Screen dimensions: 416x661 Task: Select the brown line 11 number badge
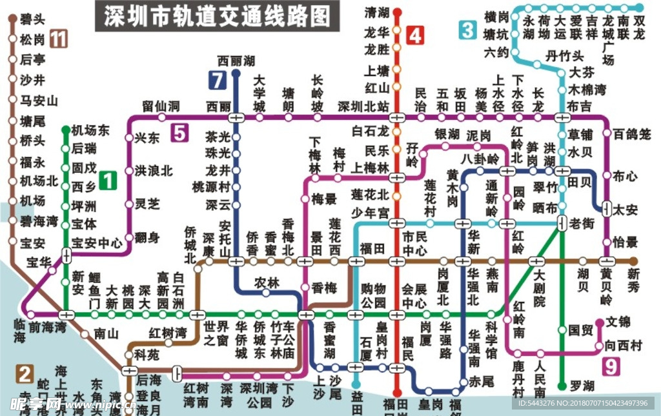59,39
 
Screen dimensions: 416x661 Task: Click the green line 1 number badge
108,181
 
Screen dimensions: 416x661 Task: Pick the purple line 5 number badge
179,134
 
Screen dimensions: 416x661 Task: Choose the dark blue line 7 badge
216,81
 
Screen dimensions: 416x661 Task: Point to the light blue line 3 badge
468,30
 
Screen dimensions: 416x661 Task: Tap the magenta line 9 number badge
610,366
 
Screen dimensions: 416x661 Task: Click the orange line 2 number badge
25,374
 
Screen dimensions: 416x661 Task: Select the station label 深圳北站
363,106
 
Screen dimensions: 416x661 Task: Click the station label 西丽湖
236,61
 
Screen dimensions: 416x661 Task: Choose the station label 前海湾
48,327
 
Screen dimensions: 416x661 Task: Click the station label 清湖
377,12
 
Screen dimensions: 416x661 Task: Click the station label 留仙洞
161,105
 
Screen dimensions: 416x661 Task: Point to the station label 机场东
90,130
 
